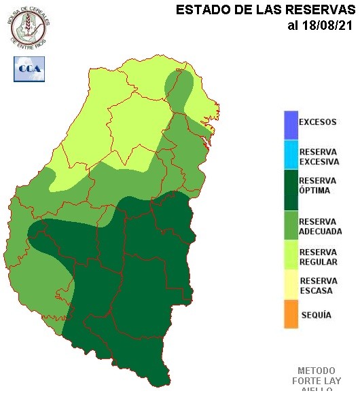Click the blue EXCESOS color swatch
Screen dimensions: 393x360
(x=291, y=124)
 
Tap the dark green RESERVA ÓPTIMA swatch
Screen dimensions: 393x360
(x=291, y=189)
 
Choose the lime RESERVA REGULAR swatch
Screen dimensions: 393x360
(x=291, y=257)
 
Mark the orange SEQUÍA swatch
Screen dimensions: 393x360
(x=291, y=315)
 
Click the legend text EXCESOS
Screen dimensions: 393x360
(x=318, y=123)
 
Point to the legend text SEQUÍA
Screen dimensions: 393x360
(x=315, y=315)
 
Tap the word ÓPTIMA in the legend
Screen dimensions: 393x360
(x=314, y=191)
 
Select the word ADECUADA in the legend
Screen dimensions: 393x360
(x=320, y=231)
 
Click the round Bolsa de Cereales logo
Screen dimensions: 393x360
(x=30, y=26)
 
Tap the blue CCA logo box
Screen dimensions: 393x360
(x=29, y=68)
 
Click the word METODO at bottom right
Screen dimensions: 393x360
(x=316, y=371)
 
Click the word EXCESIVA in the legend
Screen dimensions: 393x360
(x=319, y=162)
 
